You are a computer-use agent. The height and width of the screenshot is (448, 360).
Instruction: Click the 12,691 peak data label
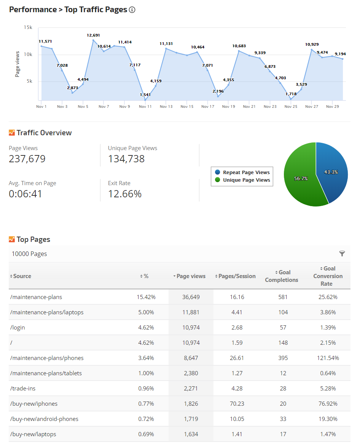[93, 35]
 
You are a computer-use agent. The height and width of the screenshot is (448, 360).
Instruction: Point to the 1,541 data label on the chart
[145, 95]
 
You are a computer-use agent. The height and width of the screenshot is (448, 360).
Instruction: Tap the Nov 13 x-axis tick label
[166, 107]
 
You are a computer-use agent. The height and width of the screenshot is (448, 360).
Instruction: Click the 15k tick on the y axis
[28, 27]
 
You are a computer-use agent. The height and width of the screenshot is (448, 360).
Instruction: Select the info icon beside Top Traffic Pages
[132, 10]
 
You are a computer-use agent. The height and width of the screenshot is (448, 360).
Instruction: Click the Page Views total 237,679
[27, 159]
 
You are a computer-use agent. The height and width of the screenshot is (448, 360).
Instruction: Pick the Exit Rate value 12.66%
[125, 194]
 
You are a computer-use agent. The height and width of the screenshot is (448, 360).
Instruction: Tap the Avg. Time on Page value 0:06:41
[25, 194]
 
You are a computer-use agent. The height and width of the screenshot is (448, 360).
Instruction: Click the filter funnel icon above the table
[342, 254]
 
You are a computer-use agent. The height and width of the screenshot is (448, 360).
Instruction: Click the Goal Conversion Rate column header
[328, 276]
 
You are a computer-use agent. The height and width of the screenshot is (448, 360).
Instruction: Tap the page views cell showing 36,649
[191, 297]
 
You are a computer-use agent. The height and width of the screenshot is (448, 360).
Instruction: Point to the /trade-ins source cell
[23, 389]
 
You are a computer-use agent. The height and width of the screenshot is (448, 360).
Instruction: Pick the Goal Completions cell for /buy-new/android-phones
[283, 419]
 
